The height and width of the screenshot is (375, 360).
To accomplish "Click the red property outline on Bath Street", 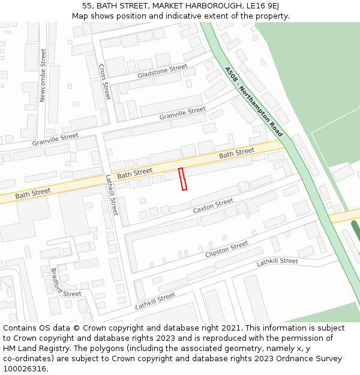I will (x=183, y=179).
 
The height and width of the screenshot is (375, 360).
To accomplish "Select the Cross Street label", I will (x=104, y=82).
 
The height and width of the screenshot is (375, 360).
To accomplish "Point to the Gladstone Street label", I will (x=162, y=71).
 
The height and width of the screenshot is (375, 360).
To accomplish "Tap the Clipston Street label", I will (x=226, y=250).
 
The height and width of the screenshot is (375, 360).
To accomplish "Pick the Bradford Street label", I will (x=65, y=283).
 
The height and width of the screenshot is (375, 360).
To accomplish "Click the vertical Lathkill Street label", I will (x=112, y=195).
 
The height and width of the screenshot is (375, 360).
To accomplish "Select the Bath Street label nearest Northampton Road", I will (x=236, y=154).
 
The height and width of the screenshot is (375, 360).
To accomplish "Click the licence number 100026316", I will (x=26, y=369).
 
